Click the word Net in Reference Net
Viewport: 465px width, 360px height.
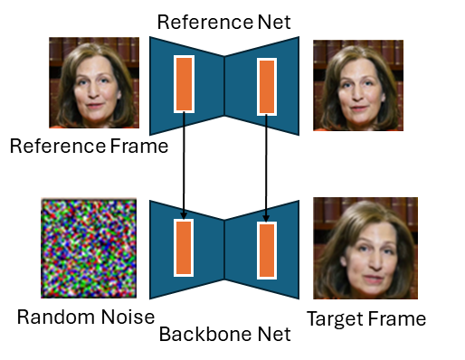pos(274,22)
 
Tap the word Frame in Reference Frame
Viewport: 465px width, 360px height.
pos(139,146)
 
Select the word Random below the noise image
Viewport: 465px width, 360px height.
pos(56,317)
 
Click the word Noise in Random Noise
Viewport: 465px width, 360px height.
pos(128,317)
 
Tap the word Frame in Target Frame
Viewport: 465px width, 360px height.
pos(396,318)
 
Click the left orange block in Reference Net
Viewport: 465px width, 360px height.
pos(184,84)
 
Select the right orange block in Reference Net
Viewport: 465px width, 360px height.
pos(267,87)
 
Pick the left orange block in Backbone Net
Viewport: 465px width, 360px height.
pos(184,248)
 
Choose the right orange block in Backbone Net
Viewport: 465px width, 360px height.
pos(267,250)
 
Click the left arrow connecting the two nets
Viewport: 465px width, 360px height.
pos(184,165)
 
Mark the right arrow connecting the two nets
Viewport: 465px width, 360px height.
pos(266,168)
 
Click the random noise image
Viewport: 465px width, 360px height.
pos(89,248)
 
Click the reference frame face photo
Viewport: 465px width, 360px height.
pos(94,82)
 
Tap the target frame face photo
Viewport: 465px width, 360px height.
pos(365,248)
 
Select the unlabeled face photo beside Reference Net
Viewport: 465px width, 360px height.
pos(358,85)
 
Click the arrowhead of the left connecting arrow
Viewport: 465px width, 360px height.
pos(184,215)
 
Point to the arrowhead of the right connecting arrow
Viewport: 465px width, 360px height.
pos(266,218)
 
